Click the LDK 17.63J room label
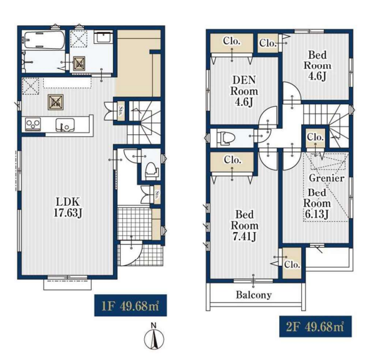click(x=68, y=207)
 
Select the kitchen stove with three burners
click(x=33, y=124)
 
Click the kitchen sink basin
click(x=65, y=124)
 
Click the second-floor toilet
click(x=226, y=138)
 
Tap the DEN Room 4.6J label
click(x=244, y=91)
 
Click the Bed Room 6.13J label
click(x=317, y=203)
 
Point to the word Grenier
click(x=326, y=177)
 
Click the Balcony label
click(x=254, y=295)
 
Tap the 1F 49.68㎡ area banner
click(x=131, y=305)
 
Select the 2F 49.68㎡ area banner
click(x=315, y=326)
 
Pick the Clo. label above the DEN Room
click(x=232, y=41)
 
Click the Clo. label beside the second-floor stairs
click(x=315, y=137)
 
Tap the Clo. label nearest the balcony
click(x=292, y=265)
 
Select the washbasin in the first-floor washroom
click(x=104, y=38)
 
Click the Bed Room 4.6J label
click(x=318, y=65)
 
